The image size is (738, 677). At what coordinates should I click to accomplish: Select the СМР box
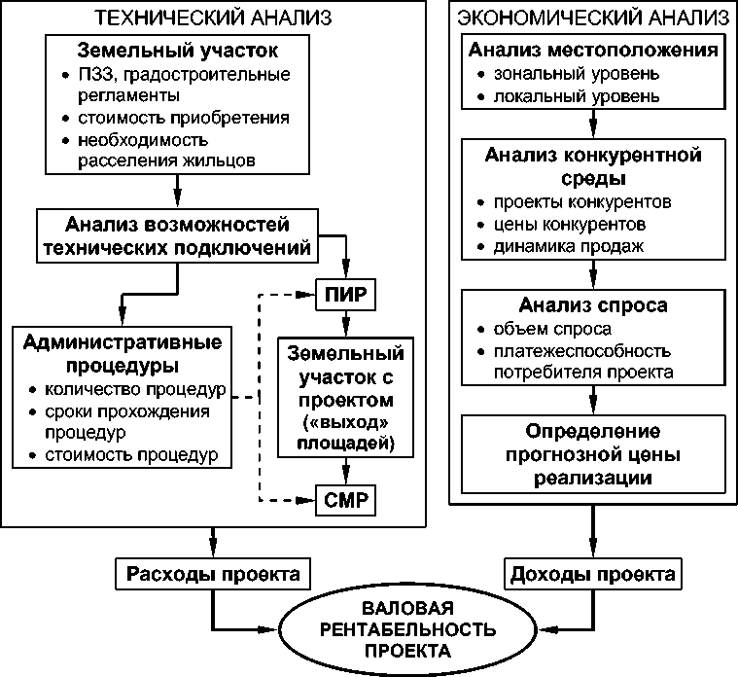click(x=345, y=501)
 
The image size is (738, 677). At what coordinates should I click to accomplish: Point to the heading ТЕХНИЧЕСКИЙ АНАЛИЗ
click(x=213, y=18)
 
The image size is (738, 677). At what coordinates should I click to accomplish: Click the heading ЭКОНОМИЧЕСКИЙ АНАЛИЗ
click(x=592, y=18)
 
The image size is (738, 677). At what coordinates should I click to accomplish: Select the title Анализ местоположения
click(x=593, y=50)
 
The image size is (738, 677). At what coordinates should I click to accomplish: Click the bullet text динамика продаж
click(x=569, y=246)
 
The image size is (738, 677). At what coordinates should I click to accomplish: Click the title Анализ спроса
click(x=593, y=305)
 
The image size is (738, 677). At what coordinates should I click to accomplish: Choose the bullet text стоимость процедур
click(x=131, y=454)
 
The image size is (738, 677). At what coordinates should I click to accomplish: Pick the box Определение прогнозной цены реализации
click(x=593, y=453)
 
